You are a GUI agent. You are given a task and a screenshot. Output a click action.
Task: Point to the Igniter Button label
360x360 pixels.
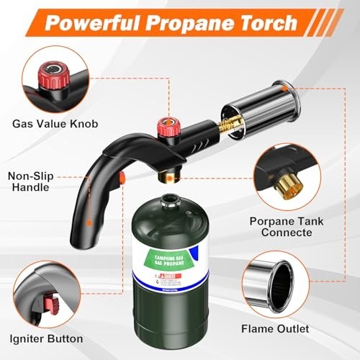tap(48, 338)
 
